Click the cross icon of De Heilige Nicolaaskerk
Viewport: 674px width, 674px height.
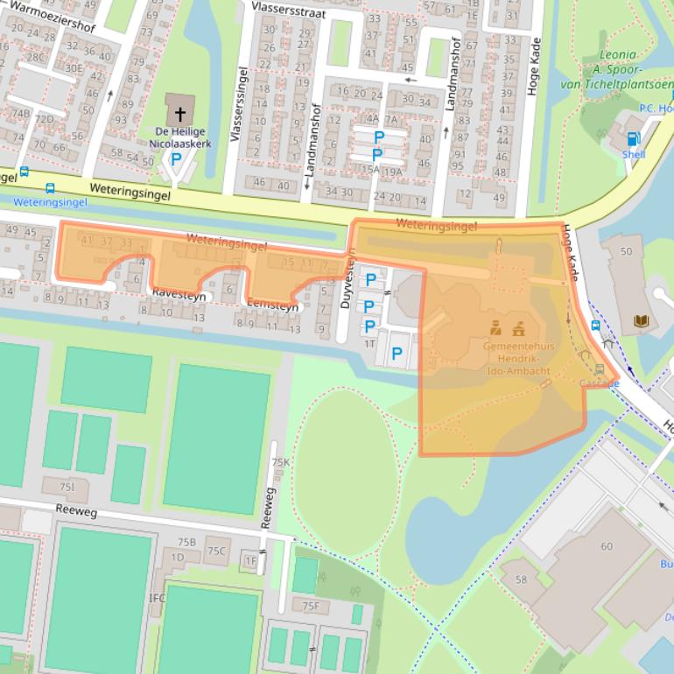pos(180,113)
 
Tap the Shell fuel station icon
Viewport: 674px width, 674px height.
pos(634,137)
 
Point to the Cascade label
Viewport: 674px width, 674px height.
pos(599,383)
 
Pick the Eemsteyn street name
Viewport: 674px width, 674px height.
pos(273,307)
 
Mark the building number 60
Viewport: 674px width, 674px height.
pos(607,546)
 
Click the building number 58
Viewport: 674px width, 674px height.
pos(521,579)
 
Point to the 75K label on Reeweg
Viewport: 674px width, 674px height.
pos(280,461)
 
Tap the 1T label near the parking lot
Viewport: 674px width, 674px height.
pos(369,345)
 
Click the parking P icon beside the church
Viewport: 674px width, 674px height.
pos(176,159)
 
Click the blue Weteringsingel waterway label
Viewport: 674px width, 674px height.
pos(51,202)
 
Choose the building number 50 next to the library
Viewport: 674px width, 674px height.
pos(625,251)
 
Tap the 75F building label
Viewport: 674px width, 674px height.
pos(311,606)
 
